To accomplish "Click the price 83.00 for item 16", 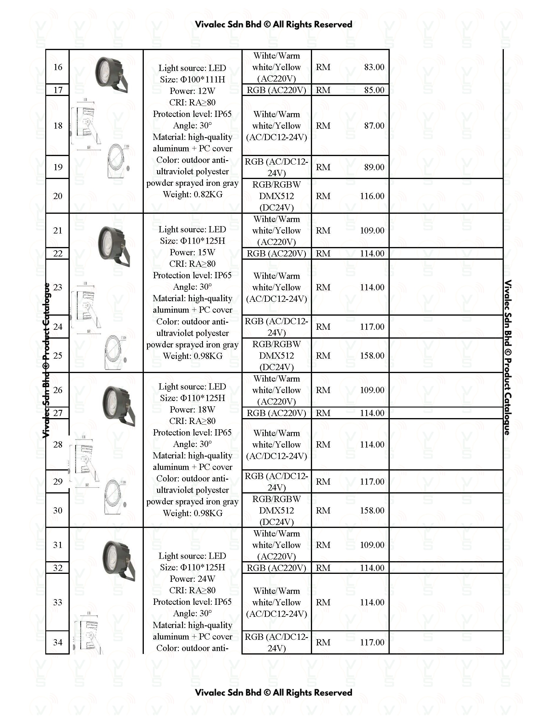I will [x=374, y=67].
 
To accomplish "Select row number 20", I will [x=58, y=196].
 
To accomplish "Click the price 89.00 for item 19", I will [x=374, y=167].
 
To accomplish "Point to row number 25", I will [x=58, y=356].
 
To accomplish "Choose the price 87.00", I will [x=374, y=125].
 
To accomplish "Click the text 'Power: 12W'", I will [x=192, y=91].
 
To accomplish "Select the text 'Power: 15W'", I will [x=192, y=252].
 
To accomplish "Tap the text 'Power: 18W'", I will [x=192, y=410].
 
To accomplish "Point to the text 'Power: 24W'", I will [x=192, y=579].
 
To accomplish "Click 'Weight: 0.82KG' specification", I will [x=192, y=194].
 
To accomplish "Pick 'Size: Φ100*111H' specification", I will [x=192, y=79].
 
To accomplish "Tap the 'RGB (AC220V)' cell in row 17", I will [x=276, y=90].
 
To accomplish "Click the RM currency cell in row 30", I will [x=323, y=510].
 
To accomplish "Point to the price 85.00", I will [x=374, y=90].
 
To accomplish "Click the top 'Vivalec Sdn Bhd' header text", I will [x=228, y=24].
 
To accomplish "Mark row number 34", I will [x=58, y=642].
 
